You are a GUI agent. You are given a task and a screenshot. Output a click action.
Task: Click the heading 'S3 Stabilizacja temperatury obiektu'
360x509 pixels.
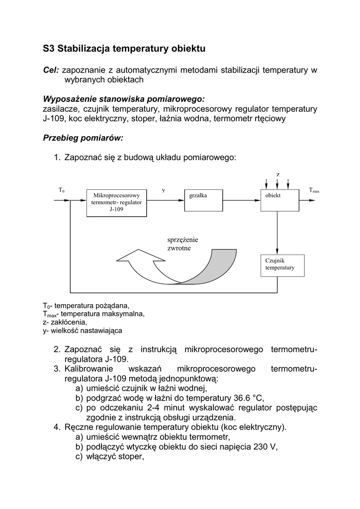point(124,49)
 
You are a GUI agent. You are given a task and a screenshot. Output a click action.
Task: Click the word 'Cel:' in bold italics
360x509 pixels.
point(51,70)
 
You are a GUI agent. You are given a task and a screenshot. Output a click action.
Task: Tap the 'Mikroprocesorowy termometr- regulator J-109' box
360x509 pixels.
point(116,203)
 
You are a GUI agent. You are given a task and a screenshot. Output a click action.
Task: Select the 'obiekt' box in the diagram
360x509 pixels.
point(279,201)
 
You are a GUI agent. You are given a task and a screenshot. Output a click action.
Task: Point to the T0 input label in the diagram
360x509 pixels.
point(62,190)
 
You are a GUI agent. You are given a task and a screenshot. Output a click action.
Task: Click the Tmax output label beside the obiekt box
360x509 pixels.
point(314,190)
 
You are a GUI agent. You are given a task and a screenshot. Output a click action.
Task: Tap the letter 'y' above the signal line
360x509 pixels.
point(164,190)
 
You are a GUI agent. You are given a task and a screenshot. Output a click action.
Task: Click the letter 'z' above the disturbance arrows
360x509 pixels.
point(278,174)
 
